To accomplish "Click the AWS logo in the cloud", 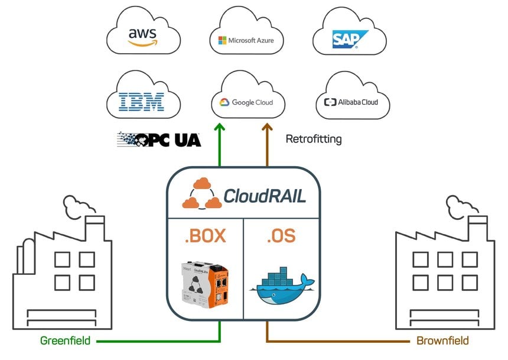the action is point(142,37).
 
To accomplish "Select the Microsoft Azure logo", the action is point(246,40).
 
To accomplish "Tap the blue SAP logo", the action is point(350,39).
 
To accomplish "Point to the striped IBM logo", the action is point(141,102).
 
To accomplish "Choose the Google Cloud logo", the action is point(246,102).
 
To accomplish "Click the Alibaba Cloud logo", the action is point(351,102).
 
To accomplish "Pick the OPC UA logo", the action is point(159,140).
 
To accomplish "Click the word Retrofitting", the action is point(314,139).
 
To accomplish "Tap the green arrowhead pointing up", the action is point(220,128).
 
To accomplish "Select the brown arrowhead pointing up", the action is point(267,128).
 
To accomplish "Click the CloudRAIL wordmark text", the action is point(265,196).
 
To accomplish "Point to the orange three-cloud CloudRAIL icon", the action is point(201,193).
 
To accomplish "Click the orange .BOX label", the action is point(205,236).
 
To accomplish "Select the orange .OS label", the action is point(281,236).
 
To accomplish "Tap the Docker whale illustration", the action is point(281,286).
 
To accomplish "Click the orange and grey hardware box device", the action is point(205,284).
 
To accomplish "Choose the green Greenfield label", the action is point(65,340).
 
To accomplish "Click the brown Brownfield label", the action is point(442,340).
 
